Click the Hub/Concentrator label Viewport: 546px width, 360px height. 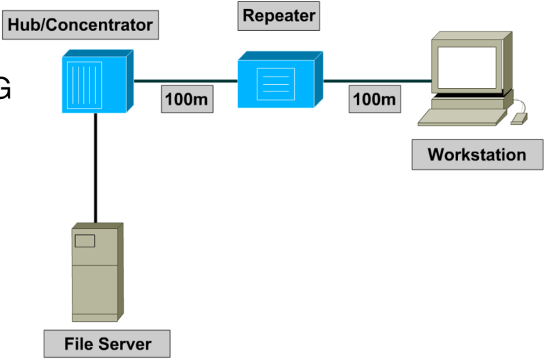79,26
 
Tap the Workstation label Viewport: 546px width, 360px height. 476,154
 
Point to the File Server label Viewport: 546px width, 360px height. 107,343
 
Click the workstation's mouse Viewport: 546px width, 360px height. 519,119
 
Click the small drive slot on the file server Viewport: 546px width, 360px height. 85,240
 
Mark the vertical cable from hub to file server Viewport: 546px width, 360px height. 96,167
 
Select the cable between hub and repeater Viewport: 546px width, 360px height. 184,81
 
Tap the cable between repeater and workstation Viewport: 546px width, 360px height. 375,81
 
